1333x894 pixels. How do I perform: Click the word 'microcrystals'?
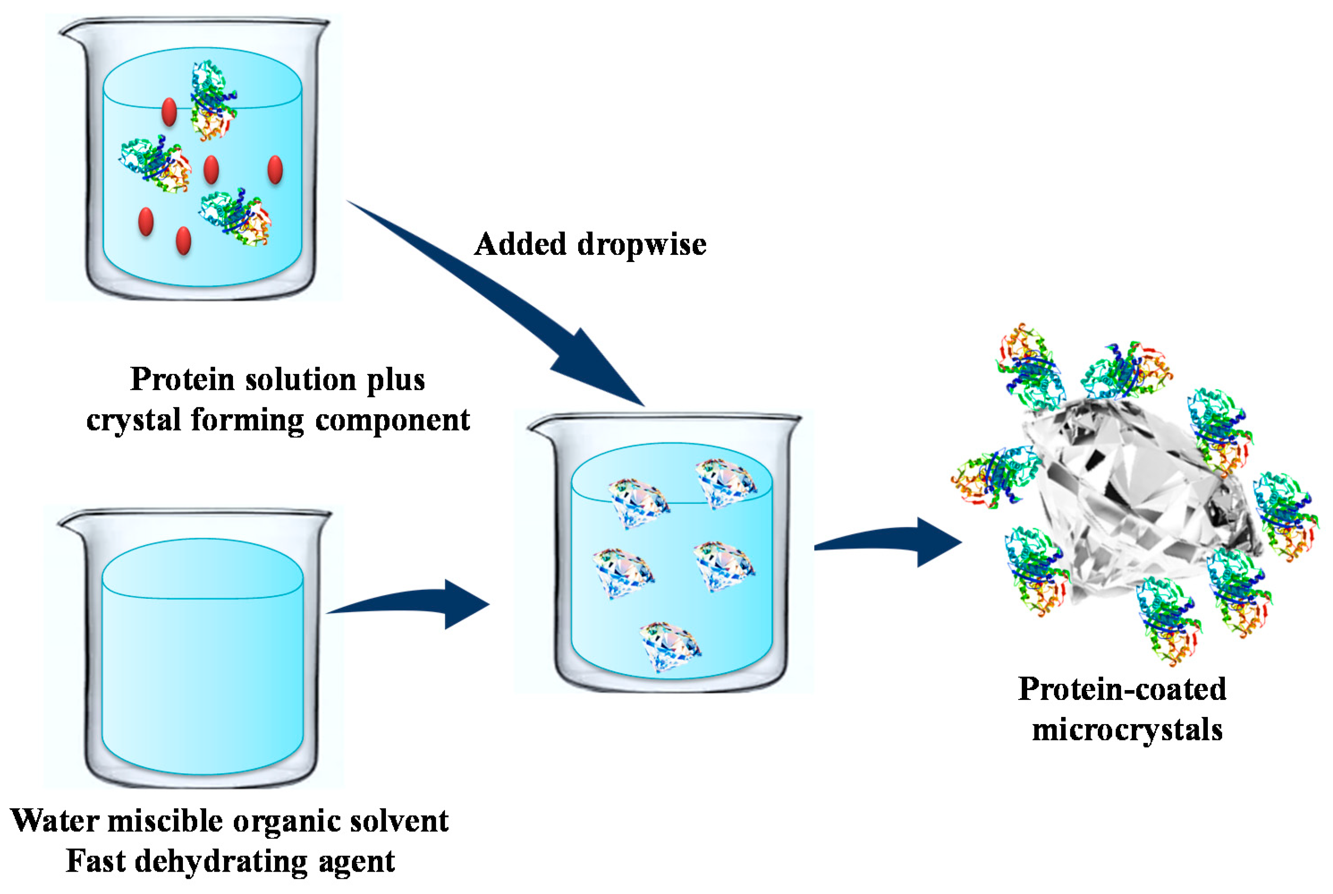click(x=1127, y=730)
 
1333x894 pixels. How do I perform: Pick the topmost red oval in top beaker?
click(x=169, y=112)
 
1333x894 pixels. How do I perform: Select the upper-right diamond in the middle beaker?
click(x=725, y=483)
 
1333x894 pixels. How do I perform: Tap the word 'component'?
click(x=392, y=421)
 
